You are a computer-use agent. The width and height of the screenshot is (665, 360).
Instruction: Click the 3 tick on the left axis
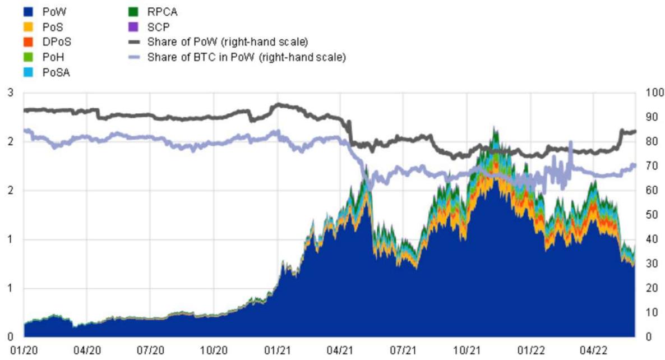pyautogui.click(x=10, y=93)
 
